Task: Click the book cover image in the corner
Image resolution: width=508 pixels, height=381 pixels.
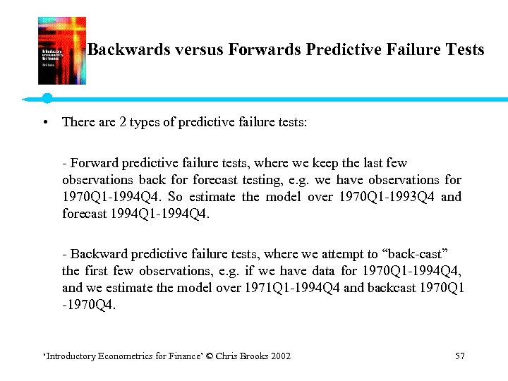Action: coord(61,51)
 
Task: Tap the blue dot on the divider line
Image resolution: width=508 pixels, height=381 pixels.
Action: coord(47,97)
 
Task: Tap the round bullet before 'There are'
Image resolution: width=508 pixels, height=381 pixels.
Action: coord(45,122)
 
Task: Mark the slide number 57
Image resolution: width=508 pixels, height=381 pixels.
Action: coord(460,356)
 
